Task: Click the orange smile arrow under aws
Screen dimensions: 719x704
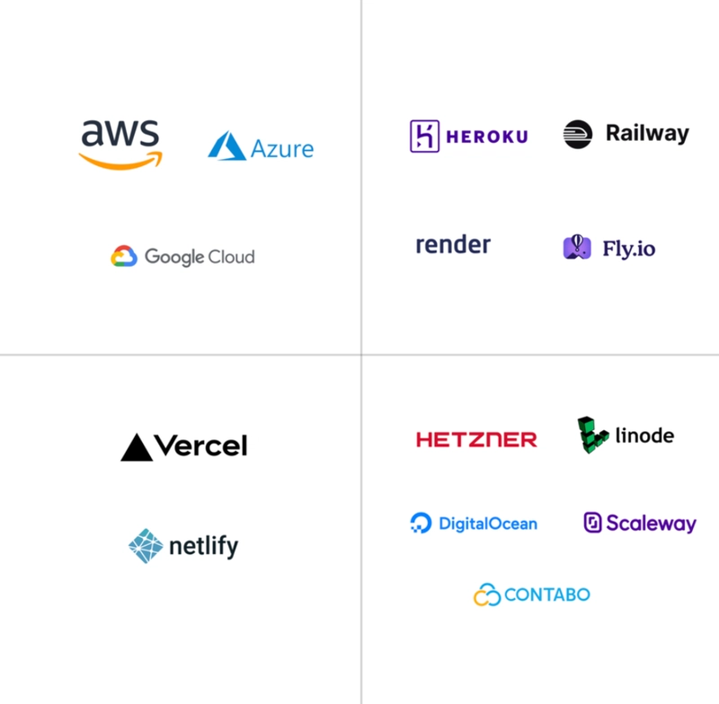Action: click(x=120, y=161)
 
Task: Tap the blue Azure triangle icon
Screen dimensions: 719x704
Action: click(x=227, y=145)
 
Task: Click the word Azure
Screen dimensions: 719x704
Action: click(x=282, y=149)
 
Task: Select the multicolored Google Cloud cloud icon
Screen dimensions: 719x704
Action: click(x=124, y=256)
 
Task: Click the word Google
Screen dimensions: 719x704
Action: click(x=174, y=257)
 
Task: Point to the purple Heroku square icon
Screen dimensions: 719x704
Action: click(x=424, y=136)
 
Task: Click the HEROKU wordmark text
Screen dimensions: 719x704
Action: click(x=487, y=136)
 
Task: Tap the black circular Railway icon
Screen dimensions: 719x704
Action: click(x=578, y=134)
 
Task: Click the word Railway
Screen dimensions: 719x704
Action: click(x=647, y=134)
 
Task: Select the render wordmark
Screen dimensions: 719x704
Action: click(x=453, y=244)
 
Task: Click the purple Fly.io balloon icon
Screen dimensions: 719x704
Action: click(x=577, y=247)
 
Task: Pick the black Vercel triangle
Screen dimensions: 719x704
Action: click(x=137, y=447)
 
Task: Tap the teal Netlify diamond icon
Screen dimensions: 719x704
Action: click(x=146, y=546)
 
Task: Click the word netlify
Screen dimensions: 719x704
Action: click(x=204, y=546)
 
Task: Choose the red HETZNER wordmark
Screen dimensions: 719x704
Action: click(x=476, y=440)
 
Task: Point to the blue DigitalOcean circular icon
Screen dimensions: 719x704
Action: click(x=421, y=524)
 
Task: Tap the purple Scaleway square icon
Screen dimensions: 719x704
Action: click(x=592, y=523)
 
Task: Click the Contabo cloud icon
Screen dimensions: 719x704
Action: click(x=487, y=594)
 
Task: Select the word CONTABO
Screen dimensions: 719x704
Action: click(x=547, y=594)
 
